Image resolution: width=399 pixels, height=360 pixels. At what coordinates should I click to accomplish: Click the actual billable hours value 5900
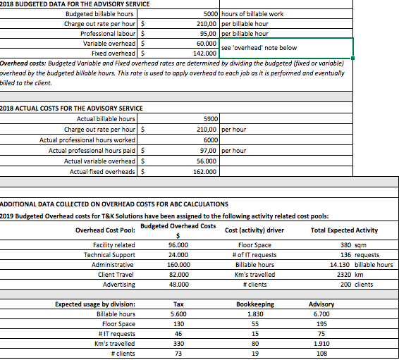[210, 119]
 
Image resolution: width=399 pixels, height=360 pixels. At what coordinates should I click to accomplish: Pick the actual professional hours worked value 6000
[209, 139]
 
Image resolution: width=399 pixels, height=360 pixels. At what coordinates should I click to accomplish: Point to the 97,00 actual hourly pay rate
[207, 150]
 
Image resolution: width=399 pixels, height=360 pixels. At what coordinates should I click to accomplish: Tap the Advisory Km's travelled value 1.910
[321, 344]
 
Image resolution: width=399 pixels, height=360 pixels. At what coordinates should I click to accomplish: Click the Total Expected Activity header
[343, 230]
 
